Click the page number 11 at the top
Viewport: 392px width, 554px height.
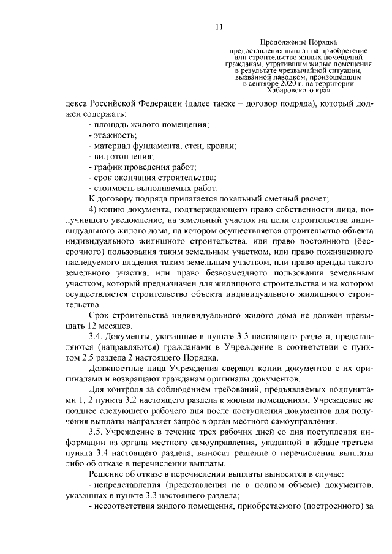pyautogui.click(x=221, y=26)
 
